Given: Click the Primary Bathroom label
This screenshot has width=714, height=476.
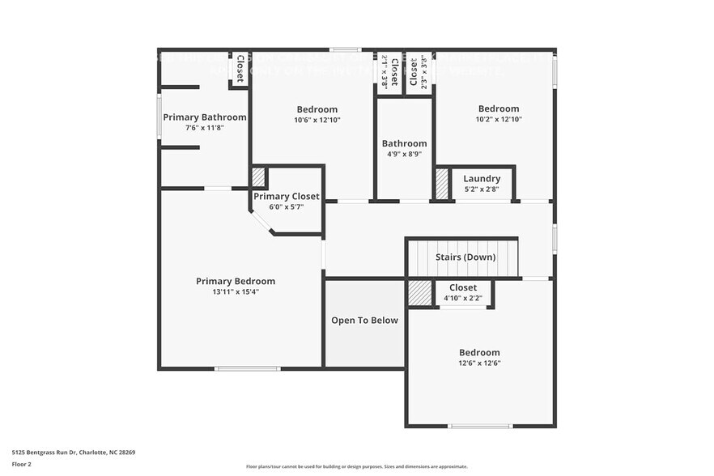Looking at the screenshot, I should [204, 117].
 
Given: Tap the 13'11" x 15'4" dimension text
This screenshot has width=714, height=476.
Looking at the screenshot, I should [235, 292].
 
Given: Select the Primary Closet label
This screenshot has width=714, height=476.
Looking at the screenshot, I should [287, 197].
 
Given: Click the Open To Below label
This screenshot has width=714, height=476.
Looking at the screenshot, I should [364, 321].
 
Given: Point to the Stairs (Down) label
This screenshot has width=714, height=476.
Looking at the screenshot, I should [465, 257].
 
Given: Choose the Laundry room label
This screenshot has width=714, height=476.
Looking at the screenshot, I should [482, 179].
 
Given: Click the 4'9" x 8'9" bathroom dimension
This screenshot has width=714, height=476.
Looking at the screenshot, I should [404, 154].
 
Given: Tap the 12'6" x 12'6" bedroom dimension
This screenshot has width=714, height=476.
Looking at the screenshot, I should [479, 363].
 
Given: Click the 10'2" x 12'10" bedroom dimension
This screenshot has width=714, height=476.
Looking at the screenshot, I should [498, 119].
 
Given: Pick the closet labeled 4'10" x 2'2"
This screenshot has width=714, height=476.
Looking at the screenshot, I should [463, 287].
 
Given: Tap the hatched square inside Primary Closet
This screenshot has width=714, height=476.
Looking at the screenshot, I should [258, 177].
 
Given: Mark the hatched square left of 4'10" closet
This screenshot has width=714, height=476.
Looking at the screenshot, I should [419, 293].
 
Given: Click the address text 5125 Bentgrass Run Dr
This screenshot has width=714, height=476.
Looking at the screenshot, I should [73, 453].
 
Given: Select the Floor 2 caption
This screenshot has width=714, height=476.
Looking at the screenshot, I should [22, 465].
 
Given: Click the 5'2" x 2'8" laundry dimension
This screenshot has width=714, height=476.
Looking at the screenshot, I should [482, 189].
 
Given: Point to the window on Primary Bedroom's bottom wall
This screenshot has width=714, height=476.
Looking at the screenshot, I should [247, 369].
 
